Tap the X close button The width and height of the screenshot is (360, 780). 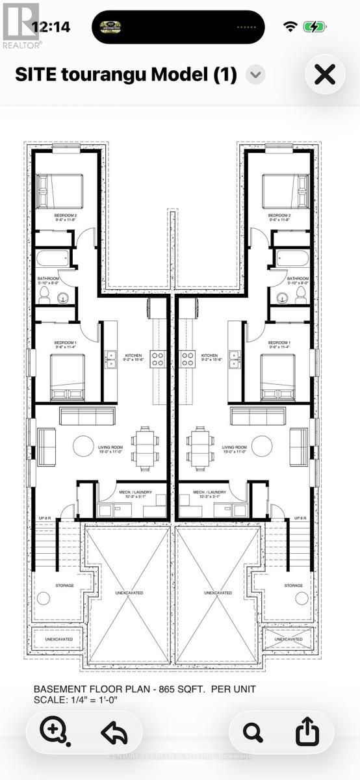324,75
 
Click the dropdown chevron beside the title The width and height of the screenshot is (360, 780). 255,75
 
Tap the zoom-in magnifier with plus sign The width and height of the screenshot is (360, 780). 54,732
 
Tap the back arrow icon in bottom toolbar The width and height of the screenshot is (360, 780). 114,733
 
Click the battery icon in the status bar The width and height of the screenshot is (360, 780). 315,27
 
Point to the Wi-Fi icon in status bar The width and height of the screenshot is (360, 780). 290,27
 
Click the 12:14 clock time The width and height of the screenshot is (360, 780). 51,27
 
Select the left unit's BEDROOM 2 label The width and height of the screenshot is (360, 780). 64,214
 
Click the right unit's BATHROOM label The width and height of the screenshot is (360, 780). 298,278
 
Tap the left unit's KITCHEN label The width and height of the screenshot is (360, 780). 134,356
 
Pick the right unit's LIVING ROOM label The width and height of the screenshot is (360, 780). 235,447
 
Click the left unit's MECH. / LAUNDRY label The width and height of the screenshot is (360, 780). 135,492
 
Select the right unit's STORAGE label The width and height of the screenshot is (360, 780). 294,585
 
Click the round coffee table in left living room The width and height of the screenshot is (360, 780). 83,446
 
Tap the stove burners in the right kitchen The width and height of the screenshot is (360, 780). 188,356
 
